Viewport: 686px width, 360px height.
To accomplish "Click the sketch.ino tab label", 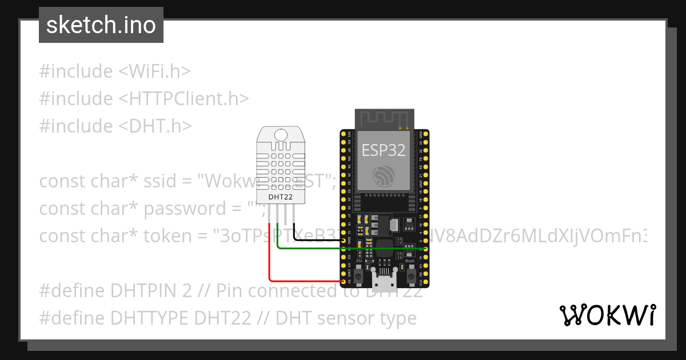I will click(x=101, y=25).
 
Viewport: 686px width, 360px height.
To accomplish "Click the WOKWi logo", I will click(x=608, y=315).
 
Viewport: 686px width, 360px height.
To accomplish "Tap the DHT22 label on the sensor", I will click(x=280, y=197).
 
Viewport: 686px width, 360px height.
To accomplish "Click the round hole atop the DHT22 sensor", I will click(x=280, y=135).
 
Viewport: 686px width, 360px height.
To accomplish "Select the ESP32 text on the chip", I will click(x=383, y=150).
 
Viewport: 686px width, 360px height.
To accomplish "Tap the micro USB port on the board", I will click(x=383, y=281).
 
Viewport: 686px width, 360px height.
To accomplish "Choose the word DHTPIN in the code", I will click(x=149, y=291).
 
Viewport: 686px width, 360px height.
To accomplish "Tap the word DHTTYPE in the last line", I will click(x=155, y=318).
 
